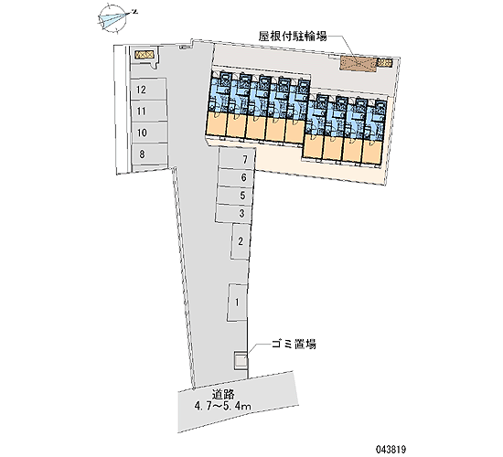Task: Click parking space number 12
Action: (148, 90)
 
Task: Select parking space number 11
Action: (148, 112)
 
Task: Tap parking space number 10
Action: (149, 133)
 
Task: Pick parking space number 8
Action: (149, 154)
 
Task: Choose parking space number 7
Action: (237, 158)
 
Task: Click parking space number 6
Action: (235, 177)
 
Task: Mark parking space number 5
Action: (234, 195)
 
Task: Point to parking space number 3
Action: (233, 213)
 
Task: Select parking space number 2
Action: (241, 241)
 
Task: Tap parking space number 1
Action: (238, 303)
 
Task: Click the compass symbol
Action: (115, 18)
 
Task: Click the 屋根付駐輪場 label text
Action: (293, 37)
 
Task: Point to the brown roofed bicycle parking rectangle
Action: (358, 64)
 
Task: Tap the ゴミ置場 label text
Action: (294, 344)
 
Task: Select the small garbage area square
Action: (241, 361)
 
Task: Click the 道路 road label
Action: (223, 395)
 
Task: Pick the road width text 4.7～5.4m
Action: (223, 407)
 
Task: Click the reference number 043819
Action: (391, 450)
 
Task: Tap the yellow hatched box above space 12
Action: (144, 55)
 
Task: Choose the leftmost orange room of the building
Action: (217, 123)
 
